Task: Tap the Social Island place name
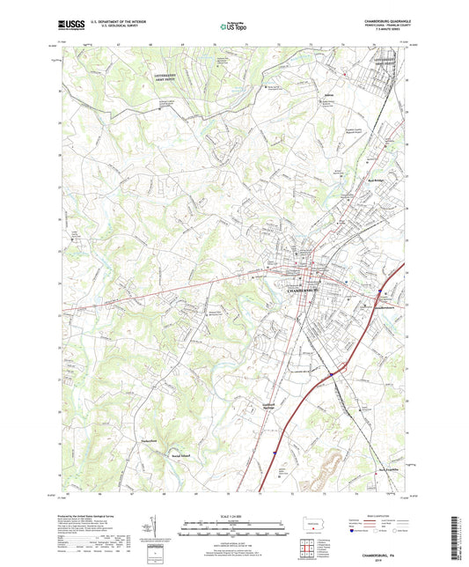182,455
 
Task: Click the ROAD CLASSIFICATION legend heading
384,517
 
